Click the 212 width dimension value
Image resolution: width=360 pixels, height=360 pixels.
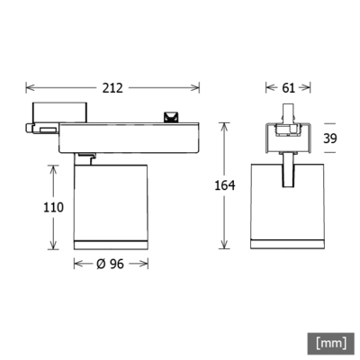(112, 87)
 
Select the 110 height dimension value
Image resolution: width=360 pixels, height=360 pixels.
(53, 207)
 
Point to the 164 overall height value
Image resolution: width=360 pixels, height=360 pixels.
(225, 185)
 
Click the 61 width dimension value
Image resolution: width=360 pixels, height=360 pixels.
(288, 87)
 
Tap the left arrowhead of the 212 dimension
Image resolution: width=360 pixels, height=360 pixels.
(28, 87)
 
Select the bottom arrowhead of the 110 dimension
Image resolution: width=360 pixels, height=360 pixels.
(53, 247)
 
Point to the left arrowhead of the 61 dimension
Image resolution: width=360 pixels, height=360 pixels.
(266, 87)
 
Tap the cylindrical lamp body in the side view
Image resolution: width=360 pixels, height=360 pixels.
(112, 202)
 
